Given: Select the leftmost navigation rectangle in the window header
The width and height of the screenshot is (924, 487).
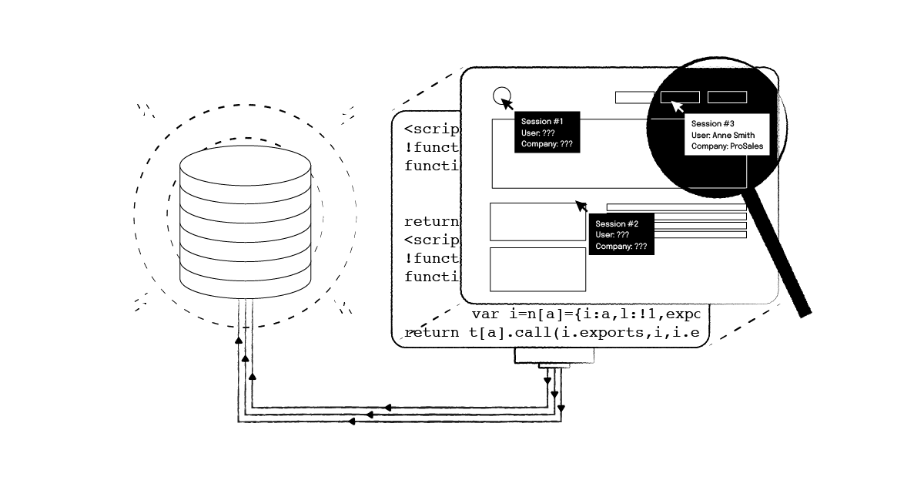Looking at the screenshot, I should (634, 97).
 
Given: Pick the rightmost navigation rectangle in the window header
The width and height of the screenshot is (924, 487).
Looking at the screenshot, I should (727, 97).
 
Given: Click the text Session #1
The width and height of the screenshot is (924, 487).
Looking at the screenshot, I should (542, 122).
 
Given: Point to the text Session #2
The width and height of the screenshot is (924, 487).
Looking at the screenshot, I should (617, 224).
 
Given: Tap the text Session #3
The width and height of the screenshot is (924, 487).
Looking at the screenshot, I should (712, 124).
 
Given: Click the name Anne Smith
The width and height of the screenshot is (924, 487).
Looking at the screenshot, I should (733, 136).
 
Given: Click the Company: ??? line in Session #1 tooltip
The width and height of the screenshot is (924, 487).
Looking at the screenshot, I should (547, 144).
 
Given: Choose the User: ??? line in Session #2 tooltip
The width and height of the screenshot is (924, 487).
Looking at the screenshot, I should (613, 235).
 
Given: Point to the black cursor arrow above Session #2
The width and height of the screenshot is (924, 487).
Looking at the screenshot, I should (581, 206).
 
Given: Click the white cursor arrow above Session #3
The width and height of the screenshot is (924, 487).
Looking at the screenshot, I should (678, 106).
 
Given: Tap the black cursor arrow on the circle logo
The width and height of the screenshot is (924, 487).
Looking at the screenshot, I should (507, 103).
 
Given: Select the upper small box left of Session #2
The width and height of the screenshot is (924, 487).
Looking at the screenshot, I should (537, 221).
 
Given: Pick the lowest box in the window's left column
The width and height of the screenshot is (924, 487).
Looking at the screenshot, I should (537, 269).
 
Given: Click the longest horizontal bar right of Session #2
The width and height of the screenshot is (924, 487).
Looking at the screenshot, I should (676, 207).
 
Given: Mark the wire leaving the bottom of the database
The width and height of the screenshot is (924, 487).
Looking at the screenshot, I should (245, 347).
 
